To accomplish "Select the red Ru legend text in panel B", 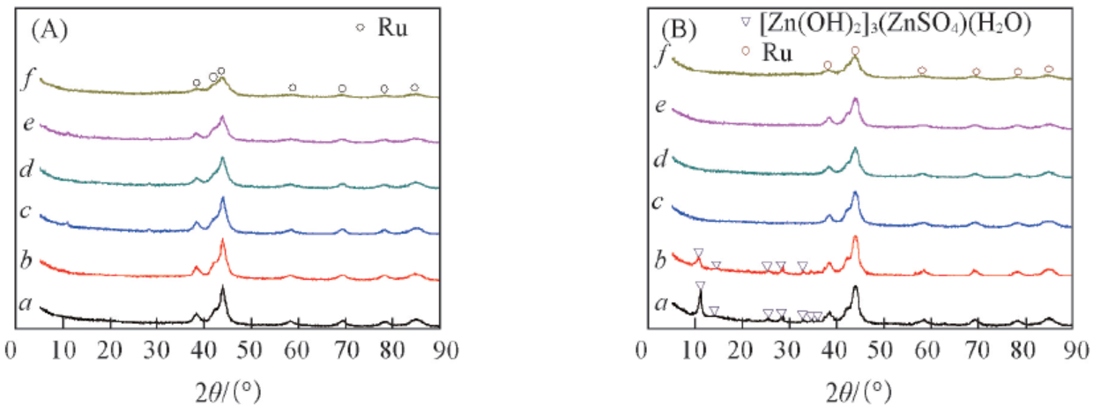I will click(777, 53).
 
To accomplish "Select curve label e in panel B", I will click(661, 107).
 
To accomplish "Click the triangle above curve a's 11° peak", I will click(701, 285).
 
